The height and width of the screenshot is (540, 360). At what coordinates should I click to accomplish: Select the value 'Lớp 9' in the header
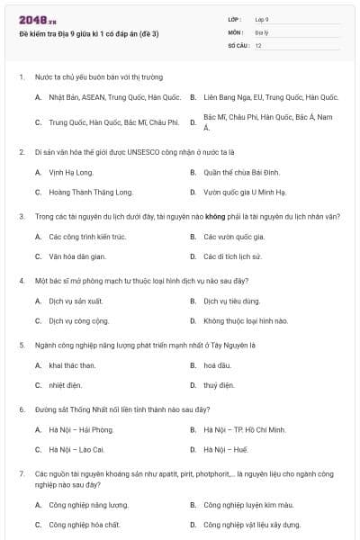(x=262, y=19)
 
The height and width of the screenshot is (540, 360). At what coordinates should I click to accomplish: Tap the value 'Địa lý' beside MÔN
(x=261, y=31)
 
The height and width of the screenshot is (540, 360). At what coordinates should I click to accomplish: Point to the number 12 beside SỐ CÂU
(x=258, y=44)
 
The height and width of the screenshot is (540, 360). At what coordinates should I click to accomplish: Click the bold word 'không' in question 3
(x=213, y=216)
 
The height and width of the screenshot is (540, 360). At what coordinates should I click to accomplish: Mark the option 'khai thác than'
(x=72, y=365)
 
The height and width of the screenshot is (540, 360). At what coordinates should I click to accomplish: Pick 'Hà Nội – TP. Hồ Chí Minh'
(x=244, y=430)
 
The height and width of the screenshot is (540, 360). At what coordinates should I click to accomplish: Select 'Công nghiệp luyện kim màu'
(x=248, y=505)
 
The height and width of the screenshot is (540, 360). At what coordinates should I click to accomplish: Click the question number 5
(x=21, y=345)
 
